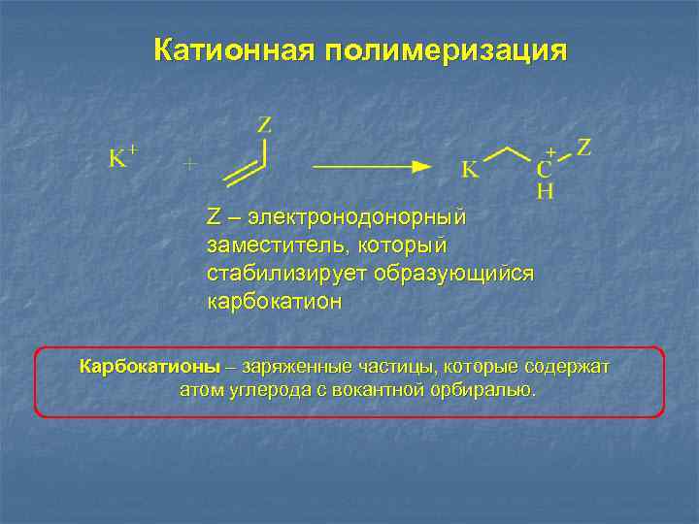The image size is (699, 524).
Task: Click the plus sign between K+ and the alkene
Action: tap(190, 164)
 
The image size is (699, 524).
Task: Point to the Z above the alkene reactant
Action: tap(264, 125)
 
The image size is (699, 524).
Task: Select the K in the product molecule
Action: tap(469, 171)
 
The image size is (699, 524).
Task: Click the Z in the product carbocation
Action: tap(584, 147)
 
